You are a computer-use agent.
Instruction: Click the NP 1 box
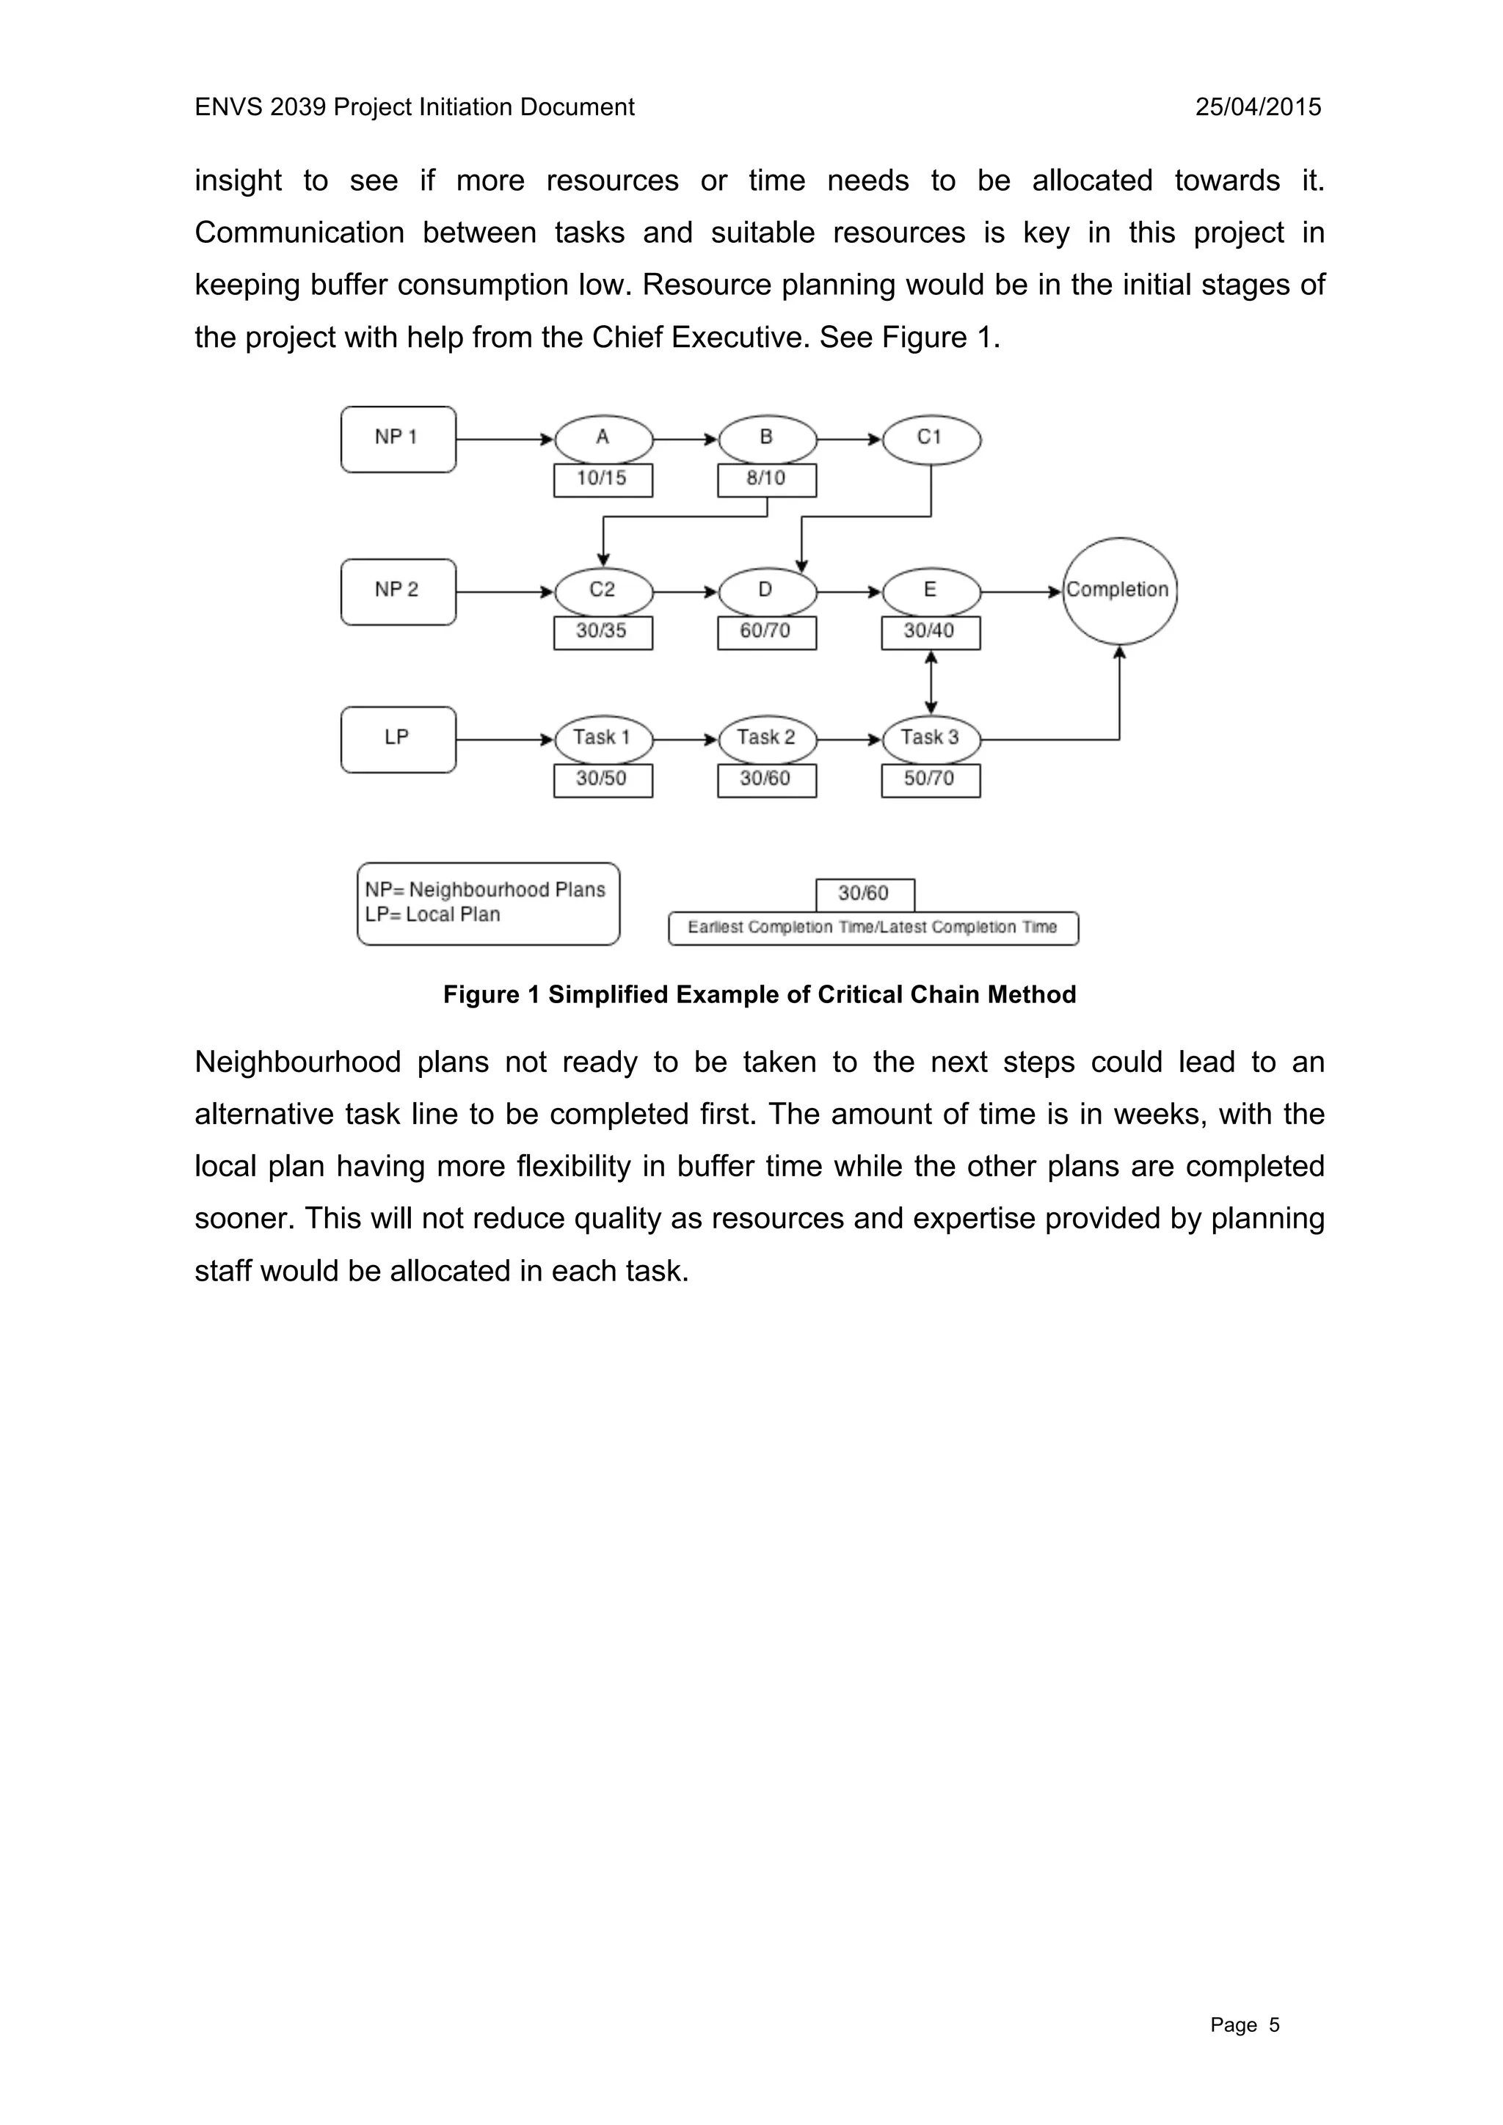(x=398, y=439)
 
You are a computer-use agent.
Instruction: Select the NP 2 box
(x=398, y=591)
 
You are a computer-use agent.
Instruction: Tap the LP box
(x=398, y=739)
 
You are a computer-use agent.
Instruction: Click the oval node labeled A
(x=603, y=438)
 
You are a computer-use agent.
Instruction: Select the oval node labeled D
(x=767, y=591)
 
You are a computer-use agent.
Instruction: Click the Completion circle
(x=1119, y=591)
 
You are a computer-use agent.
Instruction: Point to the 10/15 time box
(x=603, y=479)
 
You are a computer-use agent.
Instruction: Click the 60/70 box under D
(x=767, y=632)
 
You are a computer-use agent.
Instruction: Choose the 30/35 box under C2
(x=603, y=632)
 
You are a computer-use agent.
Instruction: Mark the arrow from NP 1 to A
(x=504, y=439)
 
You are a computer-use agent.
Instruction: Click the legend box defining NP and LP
(x=488, y=903)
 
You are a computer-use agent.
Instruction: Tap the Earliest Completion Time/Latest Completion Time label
(x=873, y=927)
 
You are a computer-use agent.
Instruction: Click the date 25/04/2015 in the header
(x=1258, y=107)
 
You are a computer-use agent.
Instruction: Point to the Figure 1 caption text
(x=759, y=995)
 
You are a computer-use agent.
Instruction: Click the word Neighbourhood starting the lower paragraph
(x=297, y=1062)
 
